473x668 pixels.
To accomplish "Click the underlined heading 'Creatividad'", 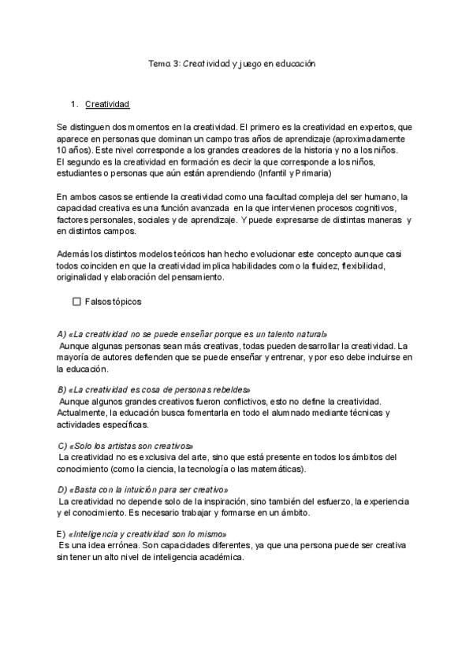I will (107, 104).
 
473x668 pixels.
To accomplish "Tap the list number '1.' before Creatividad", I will (75, 104).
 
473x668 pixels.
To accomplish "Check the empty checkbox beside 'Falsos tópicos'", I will (76, 301).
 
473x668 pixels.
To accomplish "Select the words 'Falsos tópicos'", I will (113, 301).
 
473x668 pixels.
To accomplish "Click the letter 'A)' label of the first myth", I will (62, 334).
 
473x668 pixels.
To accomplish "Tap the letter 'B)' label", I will (62, 390).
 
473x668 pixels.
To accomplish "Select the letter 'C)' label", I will (63, 446).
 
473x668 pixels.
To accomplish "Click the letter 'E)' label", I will (62, 534).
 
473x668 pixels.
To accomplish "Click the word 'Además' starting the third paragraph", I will (73, 254).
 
